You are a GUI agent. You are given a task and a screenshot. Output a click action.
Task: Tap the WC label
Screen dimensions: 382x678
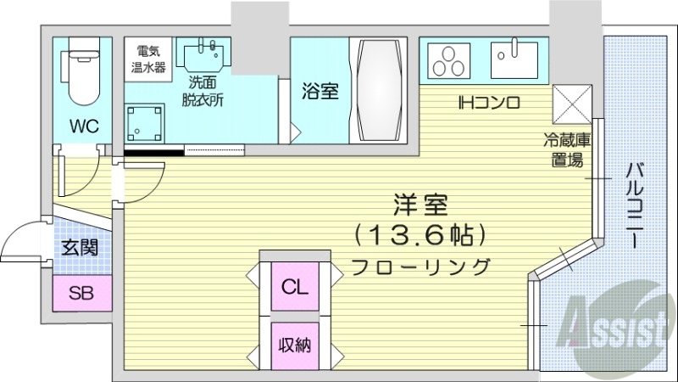point(84,126)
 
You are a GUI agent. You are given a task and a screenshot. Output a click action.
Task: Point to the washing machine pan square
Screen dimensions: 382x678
point(147,123)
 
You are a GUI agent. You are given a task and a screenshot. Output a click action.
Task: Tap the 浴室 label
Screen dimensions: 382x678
point(320,91)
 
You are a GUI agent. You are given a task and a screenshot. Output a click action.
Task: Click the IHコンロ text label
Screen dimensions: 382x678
point(488,104)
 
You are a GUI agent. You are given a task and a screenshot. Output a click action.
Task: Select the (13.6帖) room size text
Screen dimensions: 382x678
point(420,233)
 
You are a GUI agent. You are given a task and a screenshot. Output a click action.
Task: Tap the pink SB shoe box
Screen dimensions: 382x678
point(81,294)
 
